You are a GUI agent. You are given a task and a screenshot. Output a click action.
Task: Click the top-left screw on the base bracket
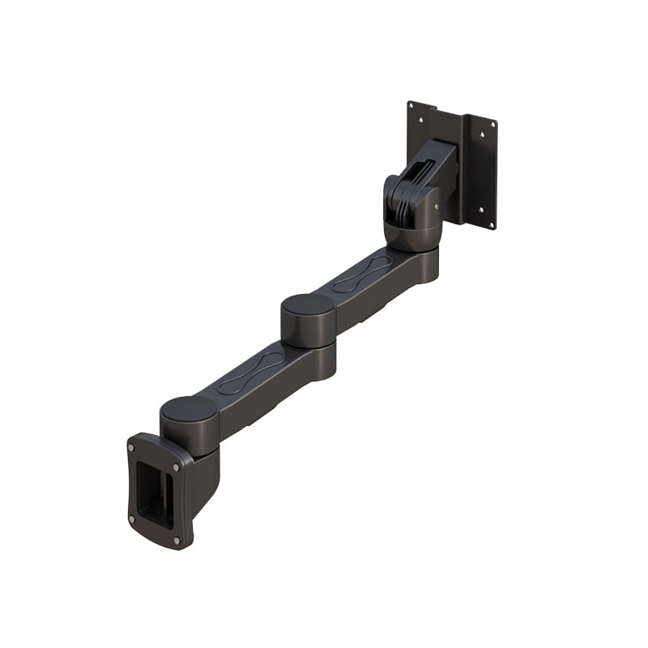coord(130,446)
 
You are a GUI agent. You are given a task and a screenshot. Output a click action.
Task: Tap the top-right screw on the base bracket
coord(175,467)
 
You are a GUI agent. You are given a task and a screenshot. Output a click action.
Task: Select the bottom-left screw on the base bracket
coord(132,519)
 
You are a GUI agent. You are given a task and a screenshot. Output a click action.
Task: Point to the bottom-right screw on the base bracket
coord(177,540)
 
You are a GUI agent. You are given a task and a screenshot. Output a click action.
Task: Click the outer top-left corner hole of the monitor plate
coord(411,105)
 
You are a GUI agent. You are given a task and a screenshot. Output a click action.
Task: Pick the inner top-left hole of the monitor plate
coord(420,119)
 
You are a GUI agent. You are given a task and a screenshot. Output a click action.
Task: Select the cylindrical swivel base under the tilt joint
coord(413,236)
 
